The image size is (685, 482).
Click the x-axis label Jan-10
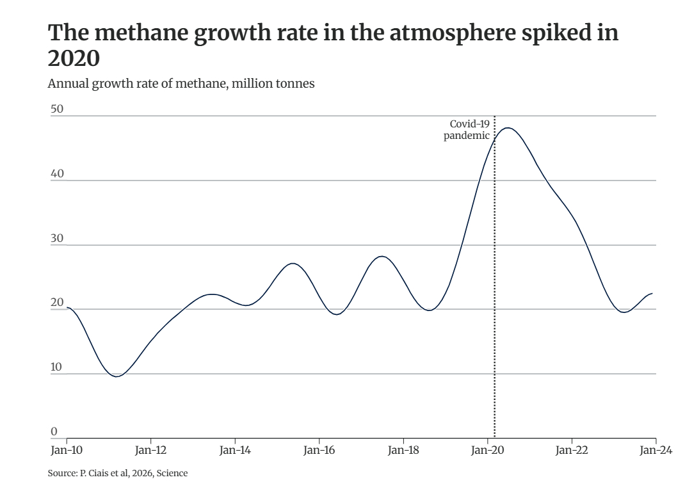tap(67, 450)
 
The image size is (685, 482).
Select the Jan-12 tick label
tap(151, 450)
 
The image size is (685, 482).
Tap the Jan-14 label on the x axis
tap(235, 450)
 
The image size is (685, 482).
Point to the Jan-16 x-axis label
tap(319, 450)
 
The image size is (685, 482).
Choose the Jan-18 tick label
tap(403, 450)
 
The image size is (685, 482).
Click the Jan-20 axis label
tap(487, 450)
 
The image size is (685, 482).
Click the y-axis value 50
tap(57, 109)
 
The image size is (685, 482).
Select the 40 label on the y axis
tap(57, 173)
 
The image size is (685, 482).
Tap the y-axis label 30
tap(57, 238)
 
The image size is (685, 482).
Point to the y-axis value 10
tap(57, 367)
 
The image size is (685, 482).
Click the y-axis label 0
tap(54, 431)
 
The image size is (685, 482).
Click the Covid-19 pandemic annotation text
tap(467, 130)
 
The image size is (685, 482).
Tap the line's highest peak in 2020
tap(508, 128)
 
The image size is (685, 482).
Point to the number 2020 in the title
tap(74, 59)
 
